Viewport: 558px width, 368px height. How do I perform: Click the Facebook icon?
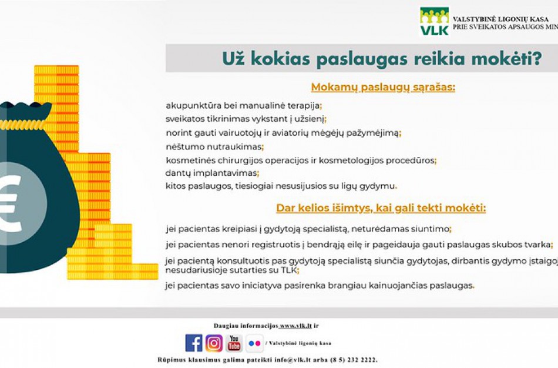click(194, 343)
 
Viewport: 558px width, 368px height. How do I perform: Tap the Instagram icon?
click(214, 343)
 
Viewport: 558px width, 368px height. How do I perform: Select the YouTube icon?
click(234, 343)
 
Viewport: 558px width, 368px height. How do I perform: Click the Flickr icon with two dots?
click(254, 343)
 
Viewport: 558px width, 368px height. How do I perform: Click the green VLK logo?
click(434, 22)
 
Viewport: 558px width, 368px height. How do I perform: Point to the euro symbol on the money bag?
click(9, 203)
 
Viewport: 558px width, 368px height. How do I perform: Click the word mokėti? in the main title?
click(513, 59)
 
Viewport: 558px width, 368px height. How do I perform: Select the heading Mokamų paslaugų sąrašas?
click(383, 88)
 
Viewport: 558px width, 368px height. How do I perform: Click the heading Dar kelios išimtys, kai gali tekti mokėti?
click(381, 208)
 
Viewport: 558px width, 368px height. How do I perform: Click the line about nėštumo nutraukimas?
click(214, 147)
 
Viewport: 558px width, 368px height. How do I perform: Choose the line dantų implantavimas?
click(211, 173)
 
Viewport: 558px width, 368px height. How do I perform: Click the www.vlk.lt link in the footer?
click(295, 326)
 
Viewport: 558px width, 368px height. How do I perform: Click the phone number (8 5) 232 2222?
click(351, 360)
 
